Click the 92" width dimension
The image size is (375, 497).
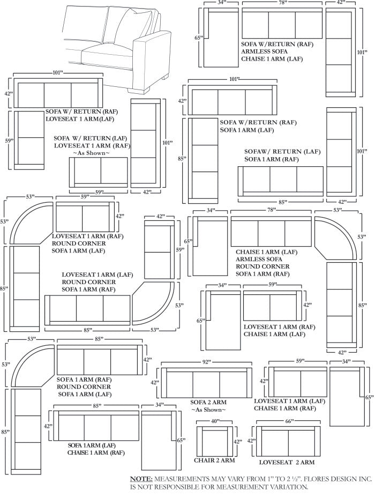point(206,362)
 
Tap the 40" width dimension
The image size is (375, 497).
point(215,422)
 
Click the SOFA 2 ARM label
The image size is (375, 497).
point(208,402)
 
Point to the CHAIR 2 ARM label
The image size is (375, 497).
point(214,460)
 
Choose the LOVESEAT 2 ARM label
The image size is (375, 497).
point(287,462)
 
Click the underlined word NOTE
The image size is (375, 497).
point(141,478)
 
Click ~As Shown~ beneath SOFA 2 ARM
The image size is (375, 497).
point(208,410)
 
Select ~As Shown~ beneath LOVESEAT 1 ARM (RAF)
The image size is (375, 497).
point(91,153)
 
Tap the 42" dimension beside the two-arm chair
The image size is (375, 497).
point(238,442)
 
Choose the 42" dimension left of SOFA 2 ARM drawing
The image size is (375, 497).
point(155,383)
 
